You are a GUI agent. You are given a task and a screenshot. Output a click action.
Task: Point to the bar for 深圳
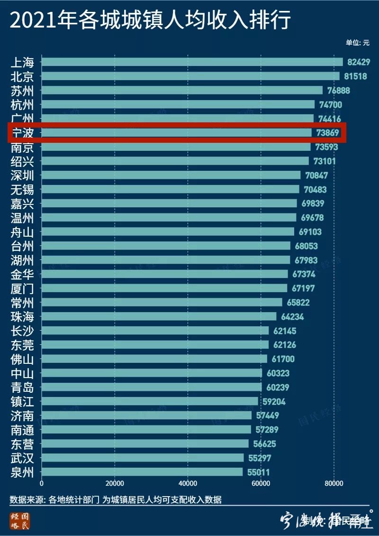[x=171, y=175]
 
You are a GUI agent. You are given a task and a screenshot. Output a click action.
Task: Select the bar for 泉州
[x=142, y=472]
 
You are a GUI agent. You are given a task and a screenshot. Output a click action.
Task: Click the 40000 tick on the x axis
[x=188, y=484]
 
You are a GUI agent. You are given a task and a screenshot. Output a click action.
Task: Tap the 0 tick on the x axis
[x=42, y=484]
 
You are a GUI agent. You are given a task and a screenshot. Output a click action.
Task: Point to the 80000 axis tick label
[x=334, y=484]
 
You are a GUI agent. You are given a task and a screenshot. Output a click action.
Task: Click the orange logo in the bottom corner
[x=18, y=520]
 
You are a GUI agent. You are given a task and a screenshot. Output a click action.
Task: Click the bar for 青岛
[x=152, y=387]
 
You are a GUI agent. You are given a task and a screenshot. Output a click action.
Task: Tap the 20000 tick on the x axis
[x=115, y=484]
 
